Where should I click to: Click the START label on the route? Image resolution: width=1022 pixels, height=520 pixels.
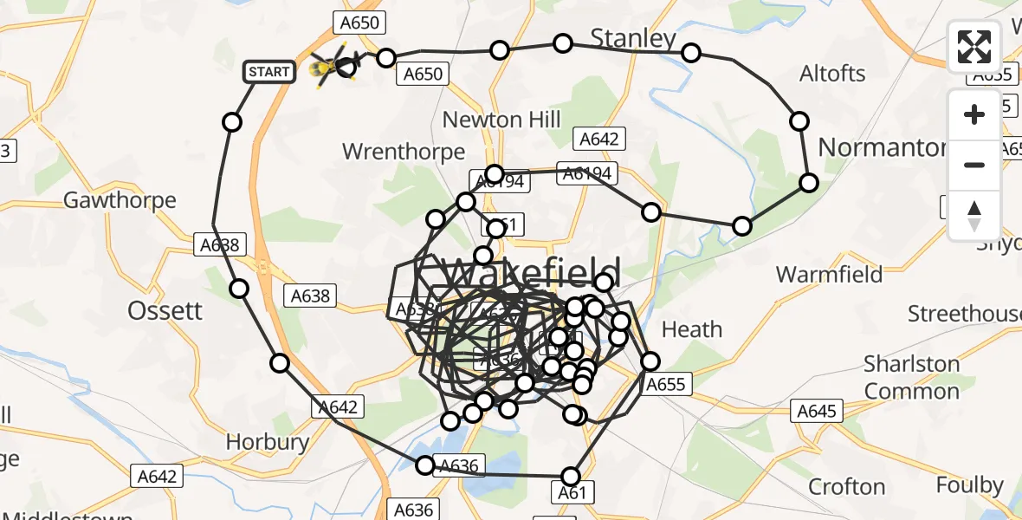click(268, 72)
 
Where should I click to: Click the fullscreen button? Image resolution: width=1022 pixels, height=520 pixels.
click(974, 46)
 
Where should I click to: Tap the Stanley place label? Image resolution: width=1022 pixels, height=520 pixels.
click(632, 38)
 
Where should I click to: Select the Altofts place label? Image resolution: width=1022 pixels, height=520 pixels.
click(833, 74)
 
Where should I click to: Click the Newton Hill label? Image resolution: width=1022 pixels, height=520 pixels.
click(501, 120)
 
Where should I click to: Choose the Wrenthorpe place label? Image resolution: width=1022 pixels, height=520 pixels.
click(404, 152)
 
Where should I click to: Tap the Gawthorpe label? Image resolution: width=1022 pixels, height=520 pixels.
click(120, 200)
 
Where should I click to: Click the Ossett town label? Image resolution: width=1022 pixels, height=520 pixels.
click(165, 310)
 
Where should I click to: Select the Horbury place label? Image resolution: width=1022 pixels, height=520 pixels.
click(267, 442)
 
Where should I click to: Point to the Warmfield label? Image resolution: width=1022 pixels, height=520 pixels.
click(829, 275)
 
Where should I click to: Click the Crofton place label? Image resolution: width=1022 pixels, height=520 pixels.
click(846, 486)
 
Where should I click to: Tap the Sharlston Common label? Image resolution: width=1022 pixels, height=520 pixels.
click(912, 377)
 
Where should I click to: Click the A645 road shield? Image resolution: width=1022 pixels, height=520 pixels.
click(817, 410)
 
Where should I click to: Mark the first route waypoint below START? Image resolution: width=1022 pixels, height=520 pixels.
click(232, 122)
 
